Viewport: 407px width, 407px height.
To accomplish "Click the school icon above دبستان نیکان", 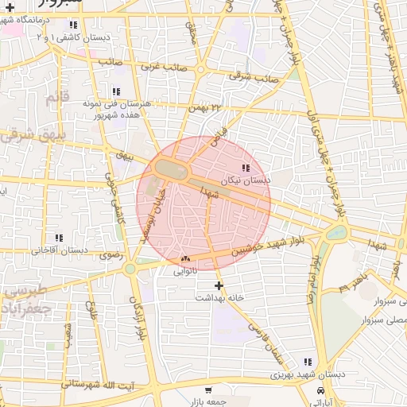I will (245, 168).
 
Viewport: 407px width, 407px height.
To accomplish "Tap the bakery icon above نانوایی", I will (186, 258).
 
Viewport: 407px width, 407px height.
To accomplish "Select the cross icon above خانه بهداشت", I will (219, 285).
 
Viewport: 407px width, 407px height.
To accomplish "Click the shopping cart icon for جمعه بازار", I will (208, 390).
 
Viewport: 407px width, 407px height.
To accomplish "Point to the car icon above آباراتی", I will (320, 391).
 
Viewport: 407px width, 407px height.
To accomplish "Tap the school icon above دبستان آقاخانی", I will (59, 238).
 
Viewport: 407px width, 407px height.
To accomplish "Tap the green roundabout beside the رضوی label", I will (130, 269).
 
